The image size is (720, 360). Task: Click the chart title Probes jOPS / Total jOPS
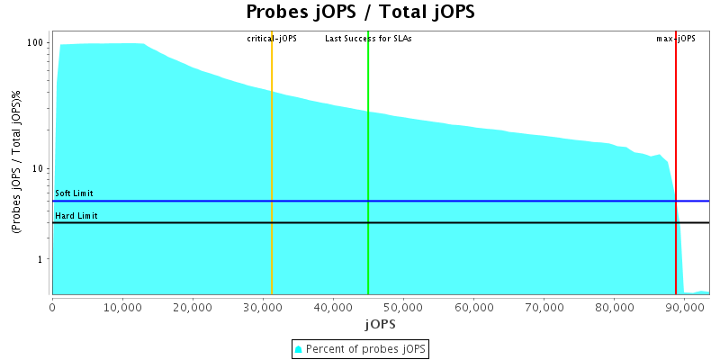point(360,13)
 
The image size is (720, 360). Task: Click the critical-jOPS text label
point(272,39)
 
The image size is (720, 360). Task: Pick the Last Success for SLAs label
point(368,39)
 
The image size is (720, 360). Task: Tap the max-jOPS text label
point(675,39)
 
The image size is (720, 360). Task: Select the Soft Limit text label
point(74,193)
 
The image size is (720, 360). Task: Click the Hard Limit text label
point(76,216)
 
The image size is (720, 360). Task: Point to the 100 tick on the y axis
point(36,43)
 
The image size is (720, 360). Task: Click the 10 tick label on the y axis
point(39,169)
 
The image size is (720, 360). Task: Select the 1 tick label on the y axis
point(41,259)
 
